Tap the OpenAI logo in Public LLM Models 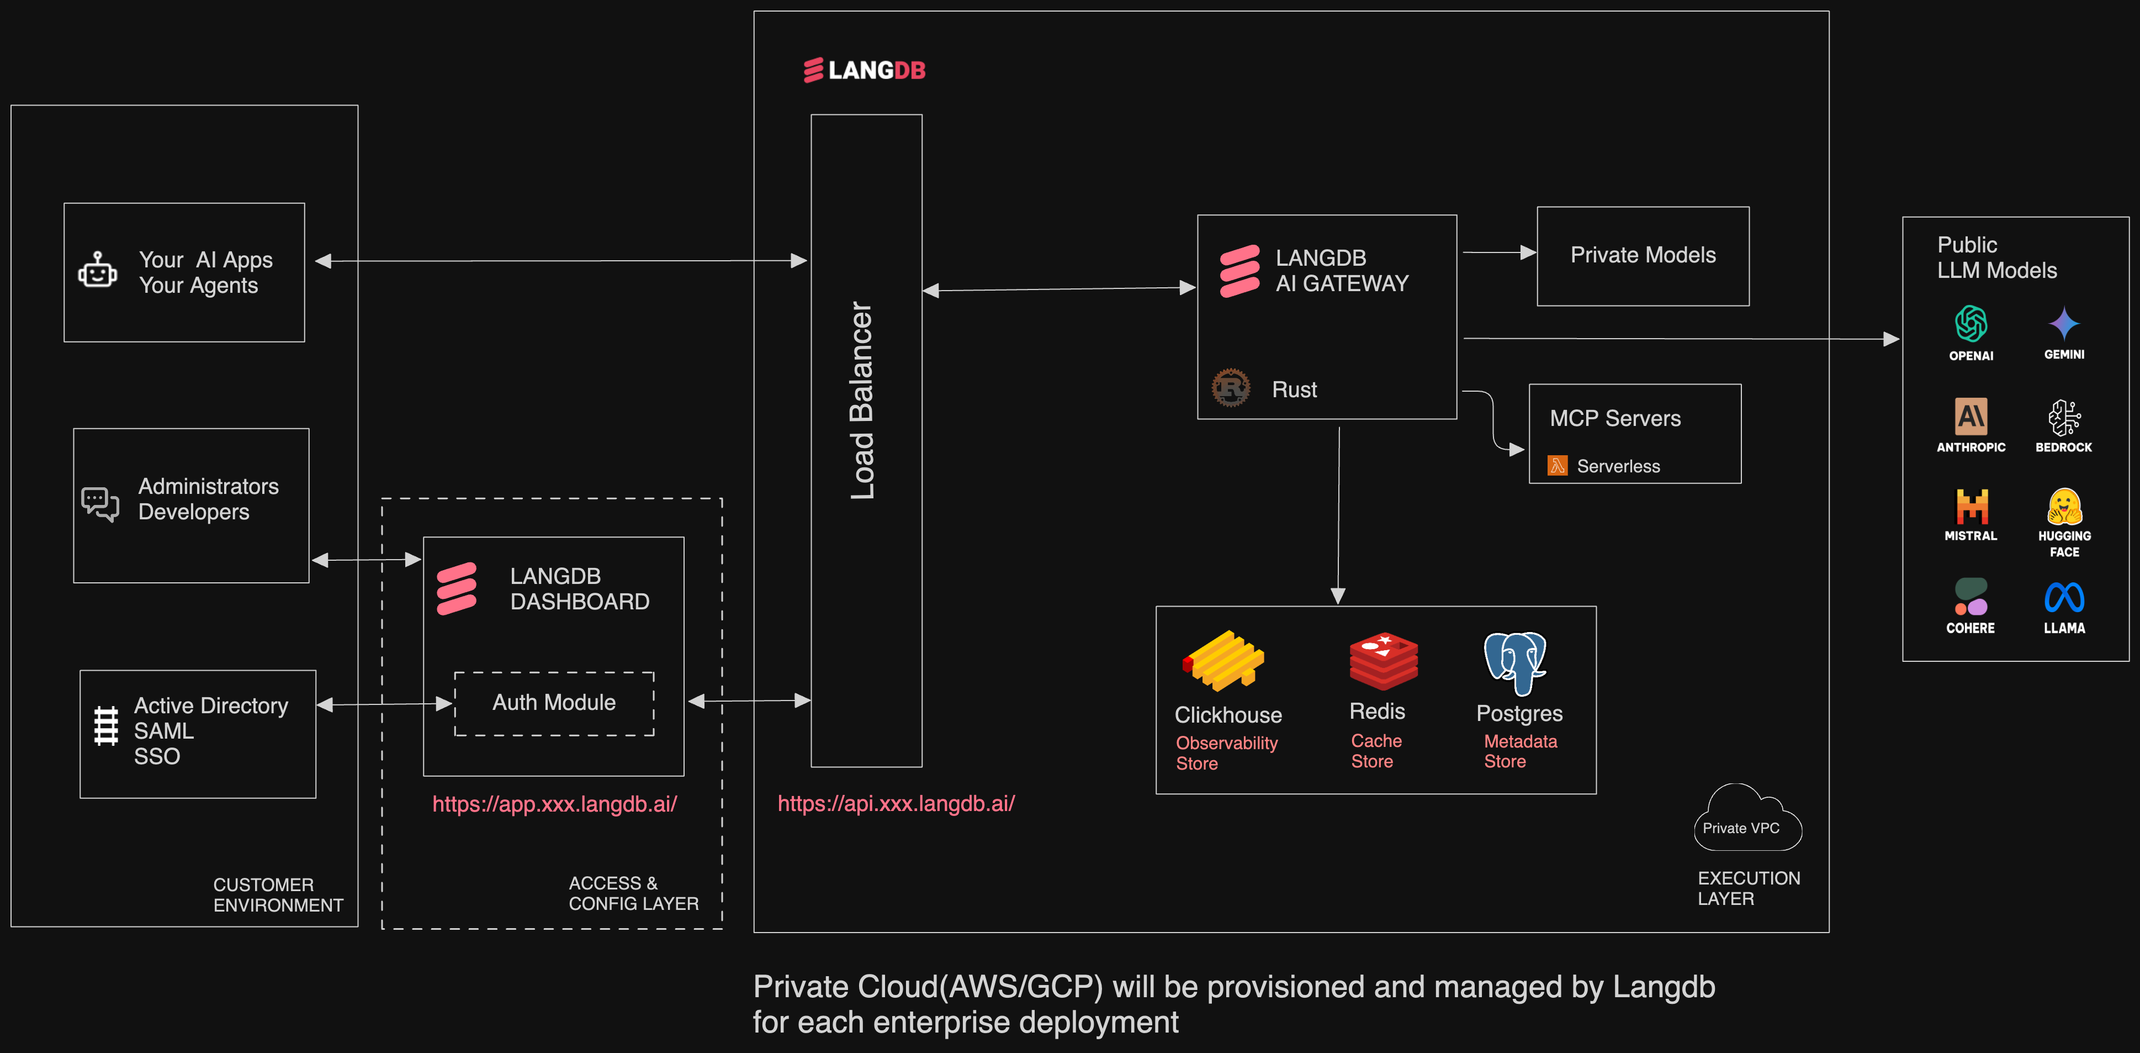click(x=1971, y=324)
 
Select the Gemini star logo click(x=2064, y=323)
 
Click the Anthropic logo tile click(x=1971, y=417)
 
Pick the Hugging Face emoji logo click(x=2064, y=506)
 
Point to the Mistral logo click(x=1971, y=506)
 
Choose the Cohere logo click(x=1971, y=597)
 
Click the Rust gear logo click(x=1230, y=388)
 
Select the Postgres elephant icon click(x=1516, y=662)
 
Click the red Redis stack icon click(x=1383, y=661)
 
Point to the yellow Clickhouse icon click(x=1223, y=661)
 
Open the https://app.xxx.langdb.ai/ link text click(x=554, y=804)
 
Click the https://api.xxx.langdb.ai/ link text click(x=896, y=804)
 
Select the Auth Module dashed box click(x=554, y=703)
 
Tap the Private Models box click(x=1643, y=256)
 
